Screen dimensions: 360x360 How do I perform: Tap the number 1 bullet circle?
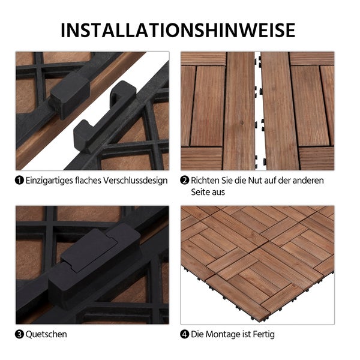20,181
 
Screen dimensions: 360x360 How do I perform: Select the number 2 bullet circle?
185,181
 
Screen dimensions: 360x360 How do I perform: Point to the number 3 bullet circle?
20,334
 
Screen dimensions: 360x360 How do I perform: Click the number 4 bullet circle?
185,334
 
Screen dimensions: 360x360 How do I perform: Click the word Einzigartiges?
50,181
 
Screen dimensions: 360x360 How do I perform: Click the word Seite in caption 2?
202,193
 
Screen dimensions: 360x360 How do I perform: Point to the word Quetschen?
46,334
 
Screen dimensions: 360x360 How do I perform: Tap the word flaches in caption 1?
90,181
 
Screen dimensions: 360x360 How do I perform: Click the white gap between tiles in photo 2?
257,108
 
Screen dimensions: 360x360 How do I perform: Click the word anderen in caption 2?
309,181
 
